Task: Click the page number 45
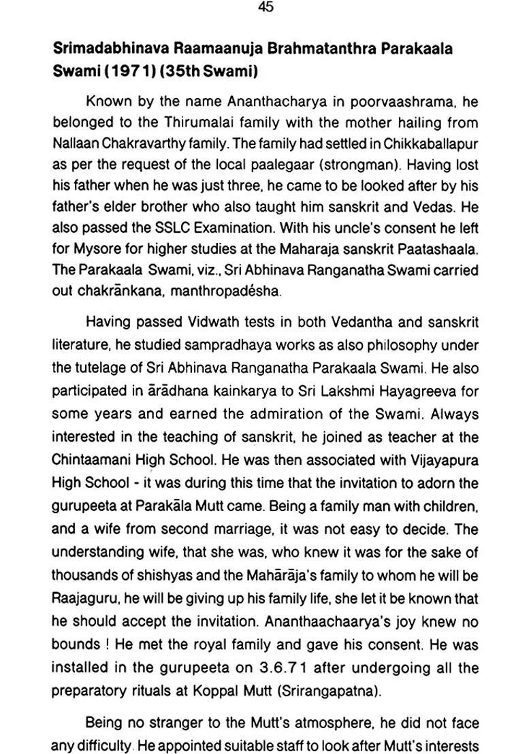pyautogui.click(x=266, y=7)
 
